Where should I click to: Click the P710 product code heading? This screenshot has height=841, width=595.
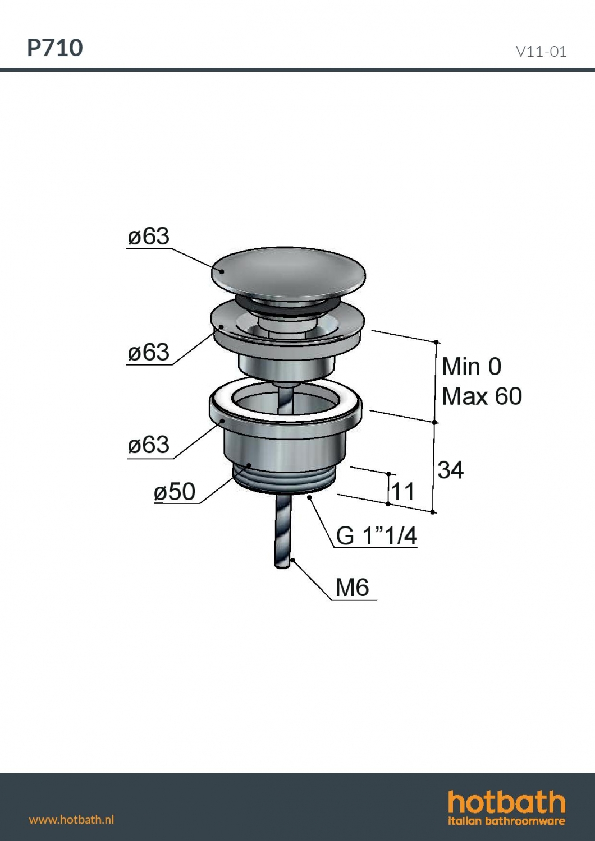point(55,48)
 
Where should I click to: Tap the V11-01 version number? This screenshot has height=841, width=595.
point(541,52)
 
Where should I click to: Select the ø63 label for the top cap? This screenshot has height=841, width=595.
point(148,237)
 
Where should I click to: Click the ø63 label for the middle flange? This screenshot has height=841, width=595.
point(148,352)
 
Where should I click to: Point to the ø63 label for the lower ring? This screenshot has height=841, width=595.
point(148,445)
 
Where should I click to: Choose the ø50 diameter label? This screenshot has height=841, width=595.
point(175,491)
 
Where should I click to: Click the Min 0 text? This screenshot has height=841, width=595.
point(472,367)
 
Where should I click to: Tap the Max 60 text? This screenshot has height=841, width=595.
point(482,396)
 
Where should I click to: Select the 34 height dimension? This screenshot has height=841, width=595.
point(451,469)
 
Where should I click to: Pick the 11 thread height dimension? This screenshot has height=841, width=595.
point(403,492)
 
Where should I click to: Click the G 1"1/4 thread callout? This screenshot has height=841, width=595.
point(377,535)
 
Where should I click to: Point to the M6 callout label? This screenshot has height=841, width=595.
point(352,588)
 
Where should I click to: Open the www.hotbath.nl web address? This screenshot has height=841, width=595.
point(71,819)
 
